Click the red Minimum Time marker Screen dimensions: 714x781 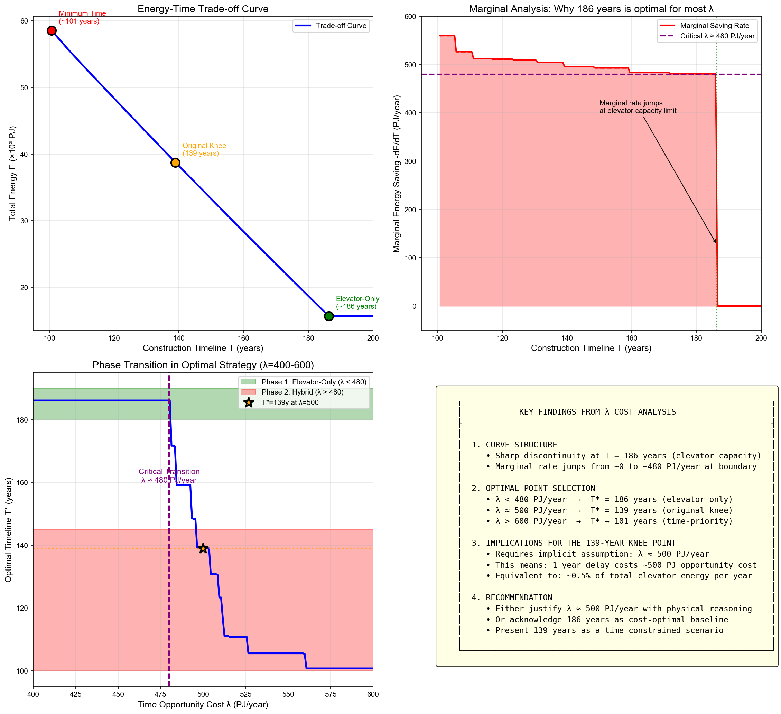52,31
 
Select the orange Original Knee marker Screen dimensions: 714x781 176,163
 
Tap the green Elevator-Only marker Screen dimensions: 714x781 328,316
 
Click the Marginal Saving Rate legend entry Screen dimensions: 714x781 714,26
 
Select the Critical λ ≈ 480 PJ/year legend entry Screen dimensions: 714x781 717,36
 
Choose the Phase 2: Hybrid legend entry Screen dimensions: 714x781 302,392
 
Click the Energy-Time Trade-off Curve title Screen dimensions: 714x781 203,9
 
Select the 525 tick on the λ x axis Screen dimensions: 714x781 245,694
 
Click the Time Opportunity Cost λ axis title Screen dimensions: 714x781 203,704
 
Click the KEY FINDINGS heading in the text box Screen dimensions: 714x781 597,412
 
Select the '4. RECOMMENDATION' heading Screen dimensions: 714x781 512,597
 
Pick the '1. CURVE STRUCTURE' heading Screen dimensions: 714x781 514,445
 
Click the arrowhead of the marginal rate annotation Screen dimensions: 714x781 715,242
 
